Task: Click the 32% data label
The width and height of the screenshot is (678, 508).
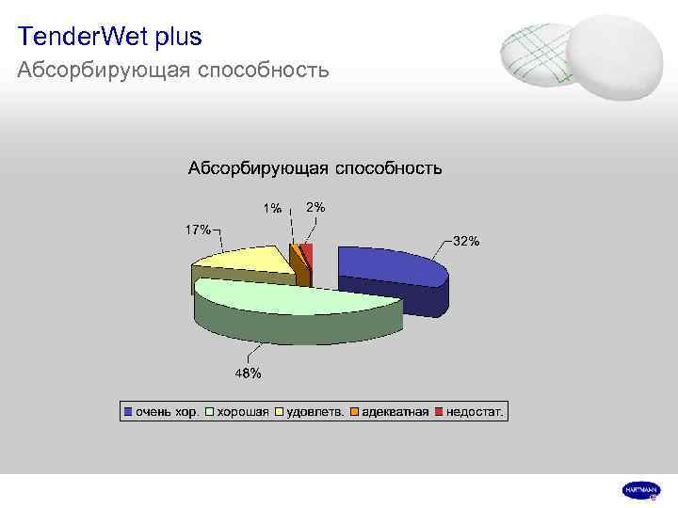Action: [466, 241]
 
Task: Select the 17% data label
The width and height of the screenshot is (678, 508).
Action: [197, 230]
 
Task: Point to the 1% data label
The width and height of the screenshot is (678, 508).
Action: [271, 209]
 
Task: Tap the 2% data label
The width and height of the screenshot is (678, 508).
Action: [316, 207]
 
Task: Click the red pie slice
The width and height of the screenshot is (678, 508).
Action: [308, 252]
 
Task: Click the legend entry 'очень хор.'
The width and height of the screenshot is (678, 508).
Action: [161, 411]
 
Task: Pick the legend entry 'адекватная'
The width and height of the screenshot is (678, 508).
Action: [390, 411]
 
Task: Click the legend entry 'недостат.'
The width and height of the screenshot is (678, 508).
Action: [471, 411]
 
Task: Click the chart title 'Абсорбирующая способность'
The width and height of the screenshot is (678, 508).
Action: [315, 168]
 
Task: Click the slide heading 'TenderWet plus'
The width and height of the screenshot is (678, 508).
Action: [109, 38]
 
